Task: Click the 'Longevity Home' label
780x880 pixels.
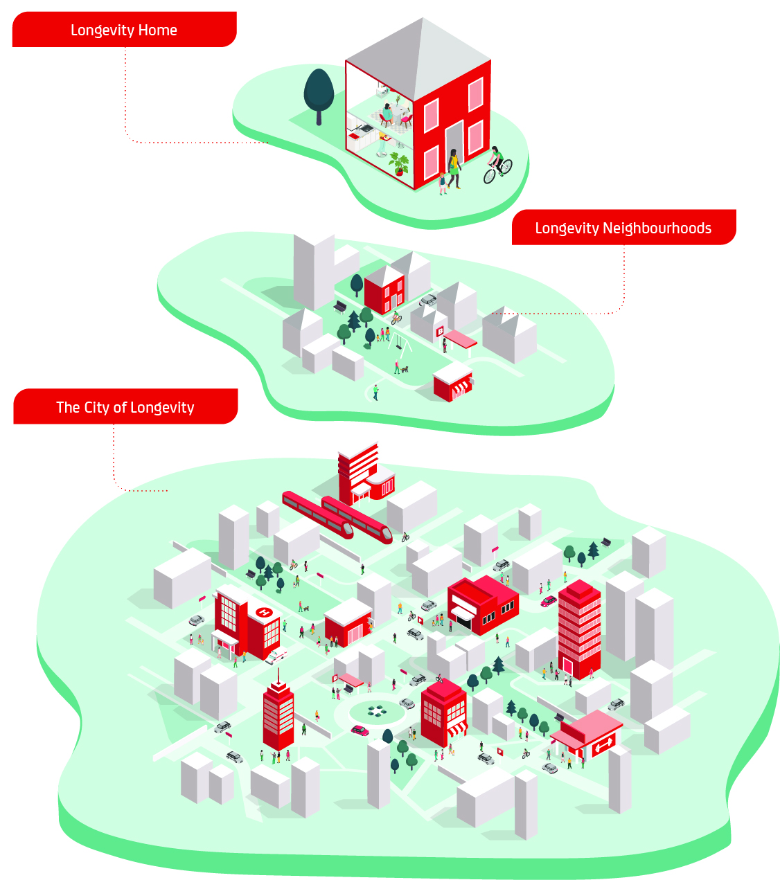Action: [x=124, y=30]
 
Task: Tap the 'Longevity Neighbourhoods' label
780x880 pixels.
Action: [x=623, y=228]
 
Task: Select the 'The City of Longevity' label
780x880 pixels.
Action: [x=125, y=407]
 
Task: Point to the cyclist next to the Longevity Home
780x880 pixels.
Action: [x=497, y=163]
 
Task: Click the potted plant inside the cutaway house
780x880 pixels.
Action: [x=398, y=164]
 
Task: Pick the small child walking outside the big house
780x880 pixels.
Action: [x=442, y=183]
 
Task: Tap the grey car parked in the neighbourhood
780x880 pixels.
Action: [x=428, y=300]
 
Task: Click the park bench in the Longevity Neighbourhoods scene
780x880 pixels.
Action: [x=339, y=306]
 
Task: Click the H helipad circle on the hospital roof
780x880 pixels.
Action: [x=264, y=612]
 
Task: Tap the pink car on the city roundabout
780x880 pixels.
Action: [x=360, y=730]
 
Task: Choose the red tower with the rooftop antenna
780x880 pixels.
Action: [x=278, y=717]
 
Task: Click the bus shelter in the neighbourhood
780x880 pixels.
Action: [x=460, y=340]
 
